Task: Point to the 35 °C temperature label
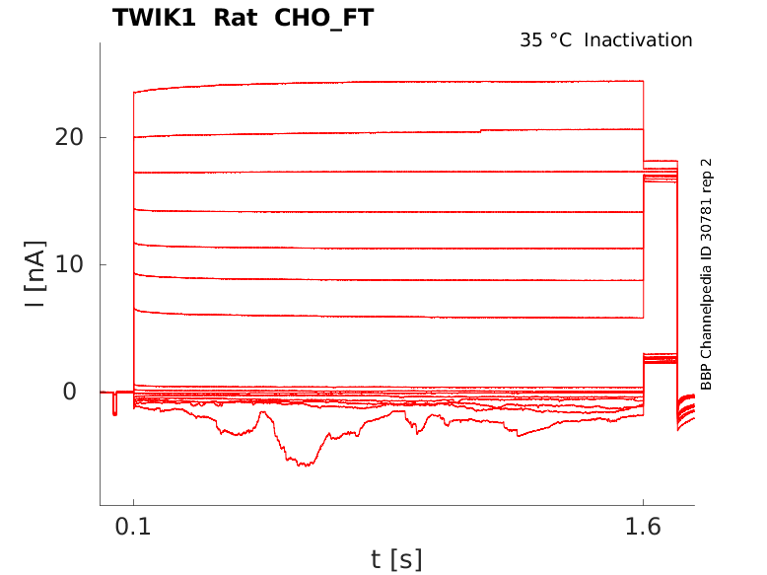click(545, 40)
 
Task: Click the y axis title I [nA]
click(35, 274)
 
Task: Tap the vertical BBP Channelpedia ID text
click(706, 273)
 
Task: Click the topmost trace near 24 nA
click(394, 83)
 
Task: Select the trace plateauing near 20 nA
click(394, 131)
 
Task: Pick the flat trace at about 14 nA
click(394, 211)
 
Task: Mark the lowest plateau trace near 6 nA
click(394, 316)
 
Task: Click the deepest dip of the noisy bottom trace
click(308, 465)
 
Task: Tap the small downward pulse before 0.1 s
click(114, 405)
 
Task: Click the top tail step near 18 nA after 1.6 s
click(661, 161)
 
